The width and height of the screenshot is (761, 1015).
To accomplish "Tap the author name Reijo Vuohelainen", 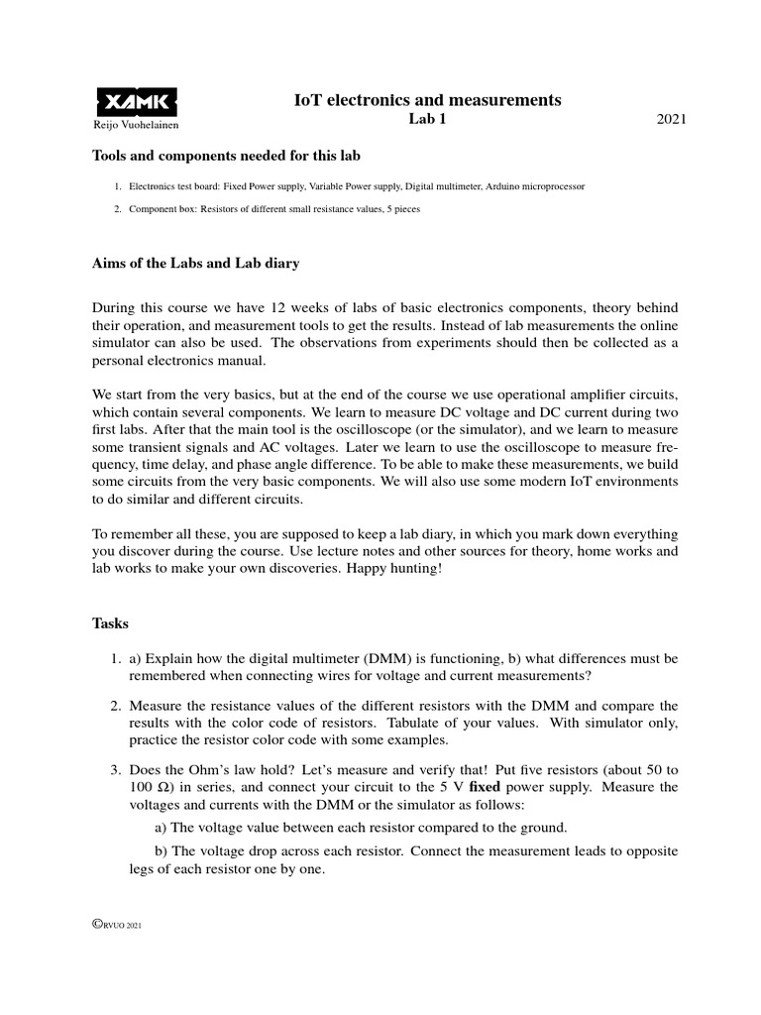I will pos(135,126).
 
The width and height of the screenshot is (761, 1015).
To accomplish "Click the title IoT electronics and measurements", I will pos(428,99).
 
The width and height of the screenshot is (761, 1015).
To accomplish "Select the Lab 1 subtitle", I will pos(429,120).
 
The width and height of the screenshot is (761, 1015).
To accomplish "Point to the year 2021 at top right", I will pos(671,120).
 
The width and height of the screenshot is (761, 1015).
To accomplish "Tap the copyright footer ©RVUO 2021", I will pos(118,925).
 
